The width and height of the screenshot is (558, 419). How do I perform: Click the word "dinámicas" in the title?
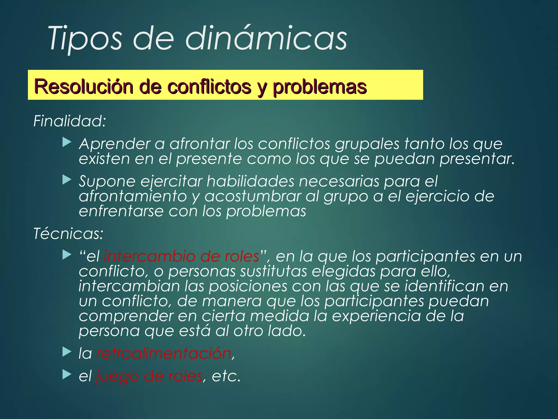pyautogui.click(x=266, y=38)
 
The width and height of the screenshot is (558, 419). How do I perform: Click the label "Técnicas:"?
pyautogui.click(x=68, y=234)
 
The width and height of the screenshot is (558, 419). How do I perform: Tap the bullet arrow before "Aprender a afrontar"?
pyautogui.click(x=67, y=142)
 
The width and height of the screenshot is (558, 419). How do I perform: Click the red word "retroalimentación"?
pyautogui.click(x=164, y=354)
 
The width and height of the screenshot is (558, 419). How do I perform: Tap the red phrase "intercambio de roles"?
pyautogui.click(x=181, y=256)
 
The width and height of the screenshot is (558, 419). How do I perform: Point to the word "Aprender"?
pyautogui.click(x=114, y=144)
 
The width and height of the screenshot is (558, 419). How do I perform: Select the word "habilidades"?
pyautogui.click(x=250, y=181)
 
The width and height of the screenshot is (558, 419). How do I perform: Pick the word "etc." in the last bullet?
pyautogui.click(x=226, y=376)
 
